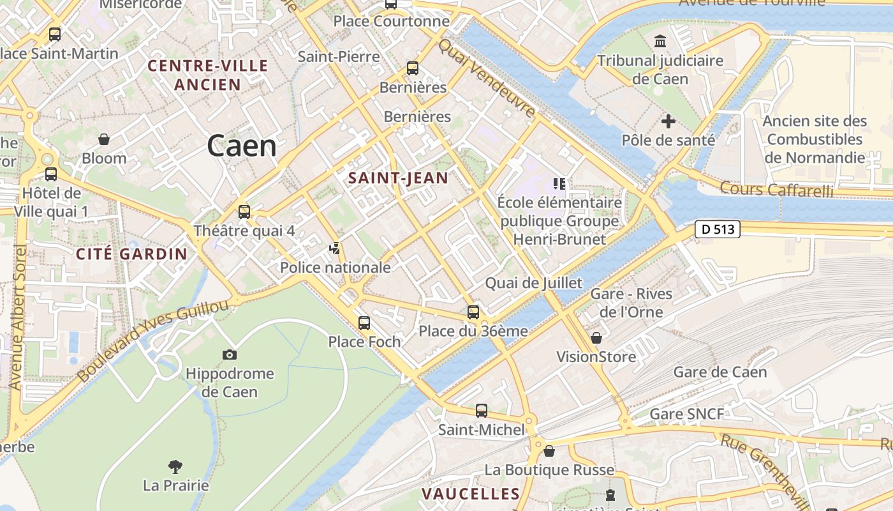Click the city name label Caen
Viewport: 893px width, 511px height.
click(x=242, y=146)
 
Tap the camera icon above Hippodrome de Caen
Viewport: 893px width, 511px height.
click(x=230, y=355)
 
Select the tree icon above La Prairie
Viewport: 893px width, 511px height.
click(x=175, y=467)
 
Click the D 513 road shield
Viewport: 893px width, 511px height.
click(x=718, y=229)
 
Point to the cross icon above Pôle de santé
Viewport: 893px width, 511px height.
click(x=668, y=121)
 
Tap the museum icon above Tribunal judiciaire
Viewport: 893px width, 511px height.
click(x=660, y=42)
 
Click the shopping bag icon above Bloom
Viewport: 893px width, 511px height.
click(x=104, y=139)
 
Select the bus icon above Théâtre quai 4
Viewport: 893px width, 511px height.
click(x=244, y=211)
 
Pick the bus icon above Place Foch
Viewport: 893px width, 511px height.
click(x=364, y=323)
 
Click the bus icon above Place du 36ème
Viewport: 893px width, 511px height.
click(x=473, y=312)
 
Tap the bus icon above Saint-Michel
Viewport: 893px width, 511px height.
click(x=482, y=411)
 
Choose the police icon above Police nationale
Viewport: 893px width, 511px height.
click(x=335, y=248)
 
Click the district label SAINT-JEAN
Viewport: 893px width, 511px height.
click(x=399, y=178)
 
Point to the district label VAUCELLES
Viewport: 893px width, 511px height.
click(x=471, y=494)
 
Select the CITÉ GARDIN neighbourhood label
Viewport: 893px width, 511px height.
click(x=132, y=254)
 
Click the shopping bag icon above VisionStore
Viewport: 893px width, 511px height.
click(x=596, y=337)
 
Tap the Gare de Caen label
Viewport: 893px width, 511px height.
click(x=720, y=372)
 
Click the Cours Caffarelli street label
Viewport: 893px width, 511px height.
click(x=777, y=189)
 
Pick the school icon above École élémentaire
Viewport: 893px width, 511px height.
click(x=559, y=185)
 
